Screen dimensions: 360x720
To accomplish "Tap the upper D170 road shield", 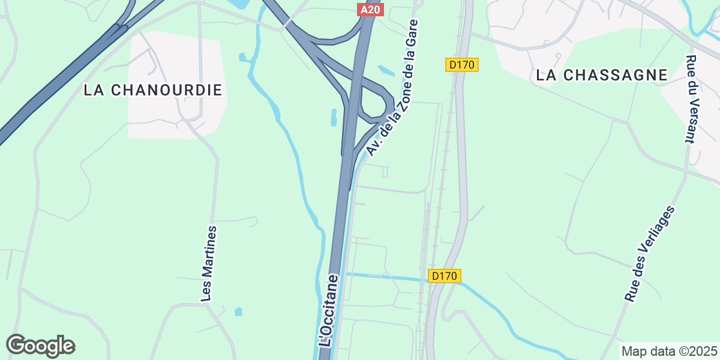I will pyautogui.click(x=462, y=65).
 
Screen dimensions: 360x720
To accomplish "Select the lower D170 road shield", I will pyautogui.click(x=445, y=276).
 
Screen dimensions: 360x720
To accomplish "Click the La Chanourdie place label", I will pyautogui.click(x=153, y=90).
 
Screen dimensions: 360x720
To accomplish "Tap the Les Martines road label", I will pyautogui.click(x=208, y=263).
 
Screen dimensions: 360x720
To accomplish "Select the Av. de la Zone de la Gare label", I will pyautogui.click(x=393, y=88).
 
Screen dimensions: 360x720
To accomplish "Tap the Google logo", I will pyautogui.click(x=40, y=346).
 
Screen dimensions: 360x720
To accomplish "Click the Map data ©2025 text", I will pyautogui.click(x=669, y=351).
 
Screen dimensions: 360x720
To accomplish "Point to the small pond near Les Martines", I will pyautogui.click(x=239, y=312).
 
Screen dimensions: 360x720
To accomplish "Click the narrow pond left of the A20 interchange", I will pyautogui.click(x=333, y=117).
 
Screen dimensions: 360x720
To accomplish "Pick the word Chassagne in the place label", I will pyautogui.click(x=617, y=75).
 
